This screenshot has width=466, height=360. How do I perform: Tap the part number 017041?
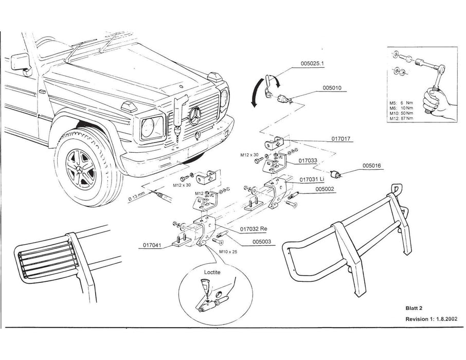tap(150, 246)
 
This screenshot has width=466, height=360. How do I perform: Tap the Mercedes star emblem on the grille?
tap(195, 116)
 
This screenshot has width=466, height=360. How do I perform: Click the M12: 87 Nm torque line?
tap(403, 119)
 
